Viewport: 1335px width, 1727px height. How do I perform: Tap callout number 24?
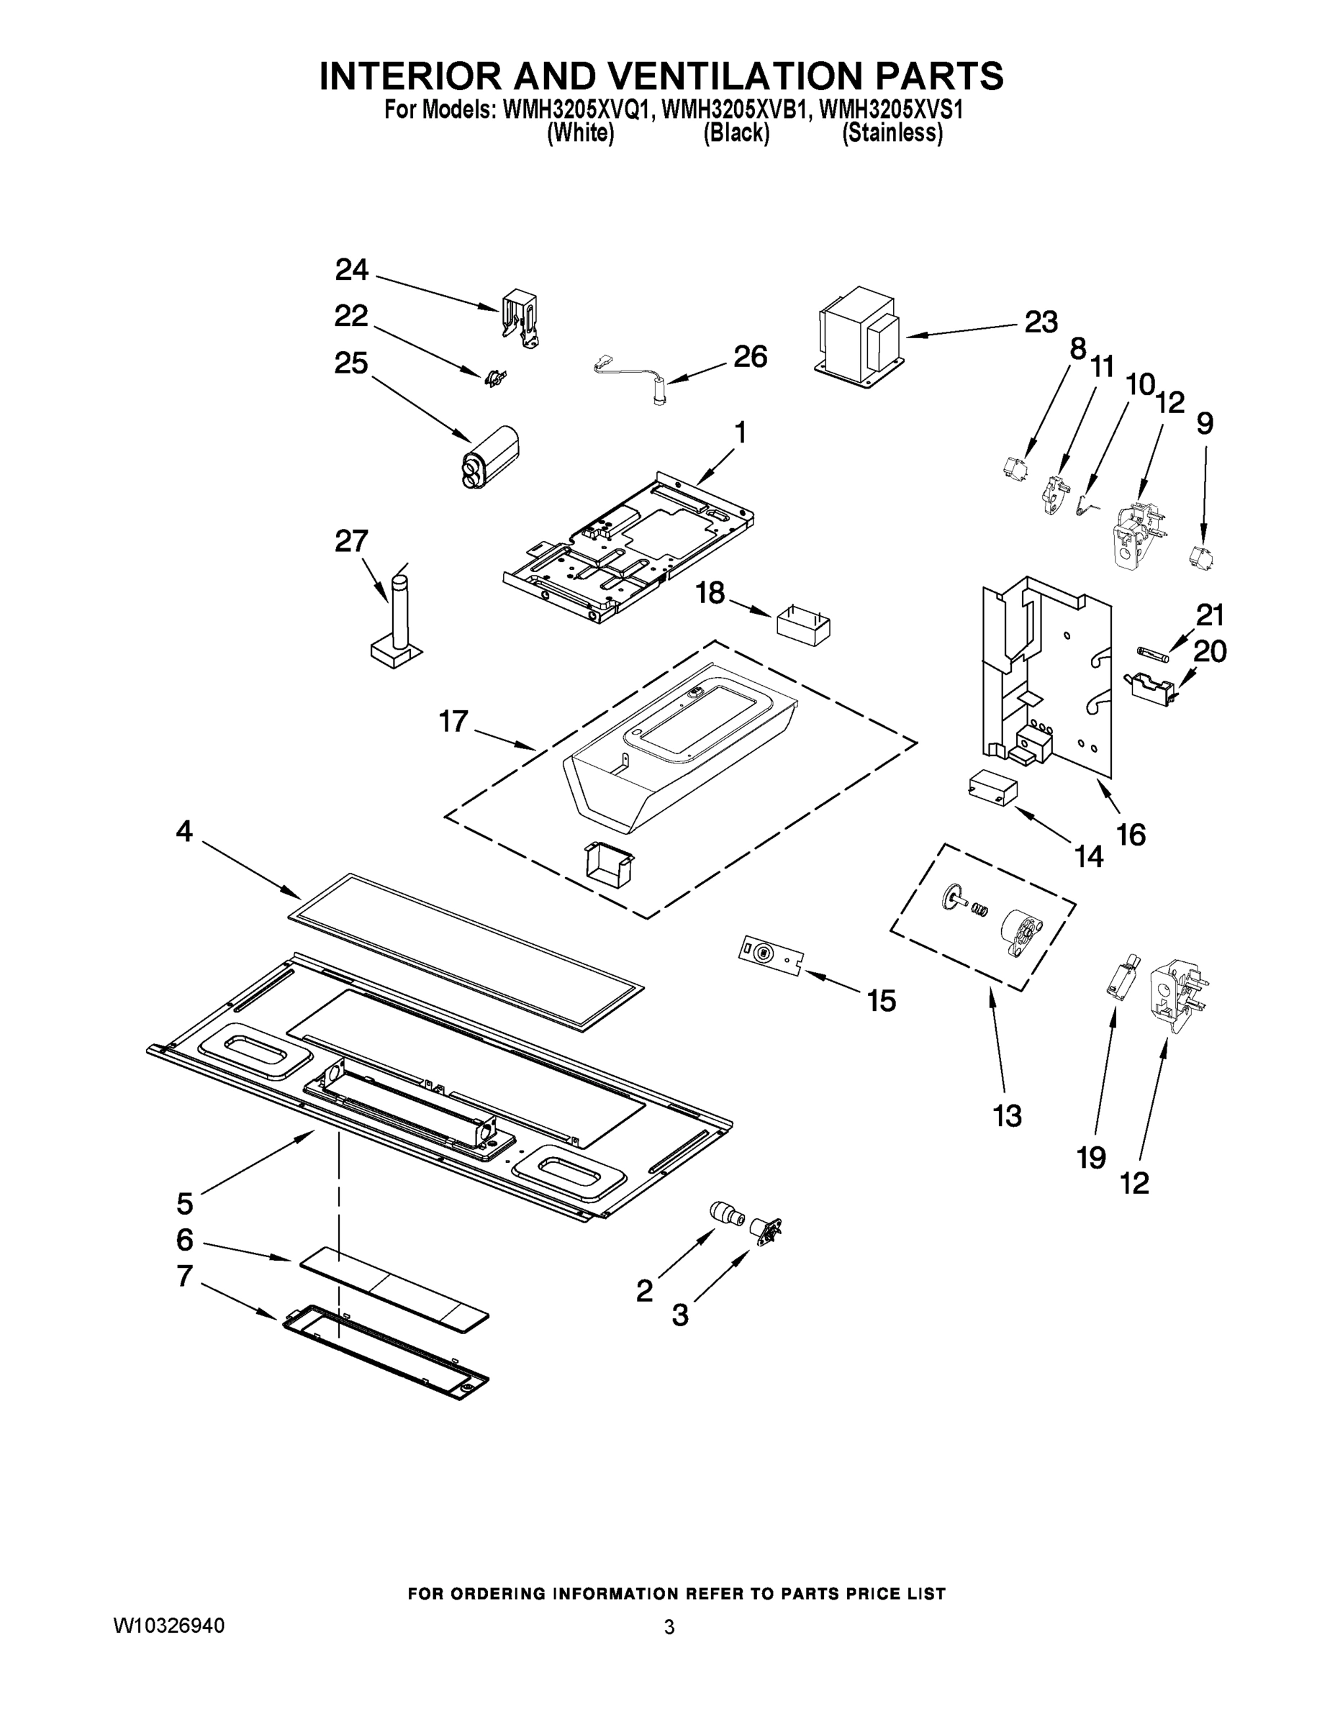coord(352,271)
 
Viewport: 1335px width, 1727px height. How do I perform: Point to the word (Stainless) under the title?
coord(892,134)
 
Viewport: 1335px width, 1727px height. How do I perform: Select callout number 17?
coord(454,721)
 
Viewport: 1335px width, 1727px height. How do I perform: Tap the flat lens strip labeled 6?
coord(394,1292)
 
